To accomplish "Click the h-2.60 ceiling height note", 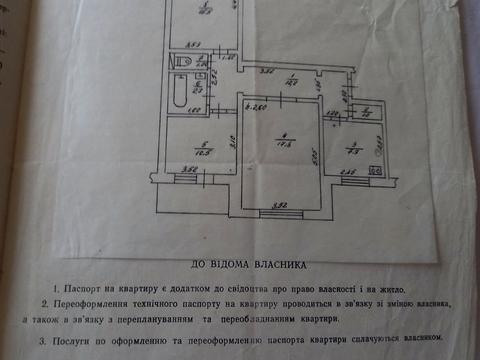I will coord(253,108).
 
